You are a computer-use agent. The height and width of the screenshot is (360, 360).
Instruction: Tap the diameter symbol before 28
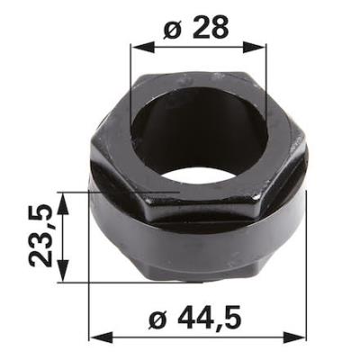click(174, 29)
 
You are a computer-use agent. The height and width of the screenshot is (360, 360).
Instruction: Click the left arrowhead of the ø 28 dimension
click(142, 48)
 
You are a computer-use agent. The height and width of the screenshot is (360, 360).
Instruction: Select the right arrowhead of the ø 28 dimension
click(254, 48)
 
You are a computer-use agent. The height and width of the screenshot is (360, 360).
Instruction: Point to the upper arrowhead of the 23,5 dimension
click(63, 203)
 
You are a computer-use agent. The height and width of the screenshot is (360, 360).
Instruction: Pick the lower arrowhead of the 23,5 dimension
click(63, 271)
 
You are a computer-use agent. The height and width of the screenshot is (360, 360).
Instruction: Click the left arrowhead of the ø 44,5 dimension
click(102, 338)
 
